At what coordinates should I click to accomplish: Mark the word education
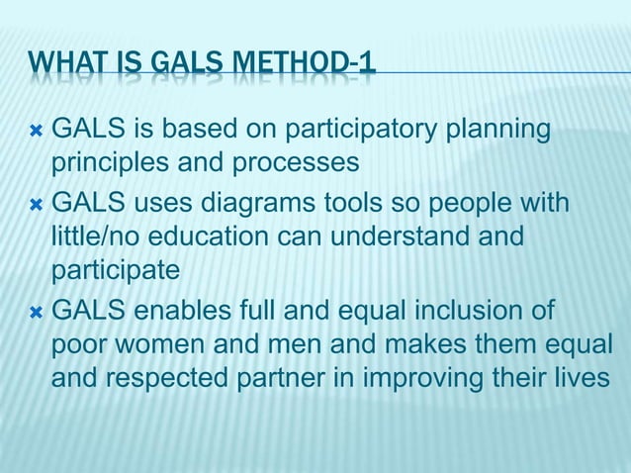click(225, 236)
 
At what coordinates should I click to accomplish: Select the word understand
click(419, 236)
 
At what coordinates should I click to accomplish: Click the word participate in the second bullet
click(116, 270)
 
